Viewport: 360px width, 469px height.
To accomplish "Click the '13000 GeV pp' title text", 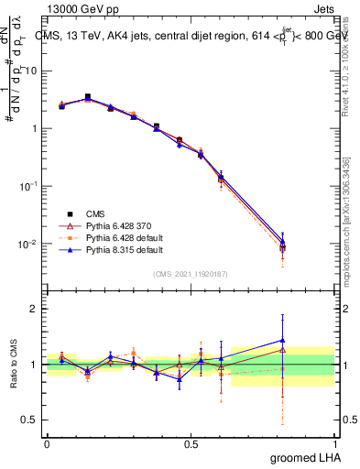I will (x=75, y=8).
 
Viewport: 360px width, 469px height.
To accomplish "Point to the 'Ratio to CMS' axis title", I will (x=12, y=365).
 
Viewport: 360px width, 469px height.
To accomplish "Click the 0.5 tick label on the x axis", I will (x=191, y=442).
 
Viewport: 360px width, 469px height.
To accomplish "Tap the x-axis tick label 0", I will (x=47, y=442).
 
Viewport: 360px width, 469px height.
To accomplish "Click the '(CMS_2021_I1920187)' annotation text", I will (x=190, y=274).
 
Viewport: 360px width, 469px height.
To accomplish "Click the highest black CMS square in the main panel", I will (x=88, y=96).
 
